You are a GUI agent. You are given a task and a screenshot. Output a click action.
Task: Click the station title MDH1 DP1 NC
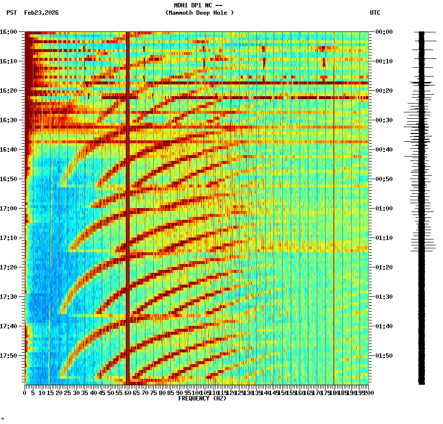(198, 5)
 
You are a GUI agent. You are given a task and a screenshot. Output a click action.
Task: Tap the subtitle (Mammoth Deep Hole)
(199, 13)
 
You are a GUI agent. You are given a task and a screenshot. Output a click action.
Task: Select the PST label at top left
(12, 13)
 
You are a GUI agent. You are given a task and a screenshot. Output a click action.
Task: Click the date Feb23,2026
(41, 13)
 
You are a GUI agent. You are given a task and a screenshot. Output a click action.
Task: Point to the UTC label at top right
(375, 13)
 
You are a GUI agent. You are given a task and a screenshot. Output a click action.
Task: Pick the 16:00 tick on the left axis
(9, 32)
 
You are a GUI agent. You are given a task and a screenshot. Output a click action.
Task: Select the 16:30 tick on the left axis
(9, 120)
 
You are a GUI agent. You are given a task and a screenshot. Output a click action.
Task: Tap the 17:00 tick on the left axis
(9, 209)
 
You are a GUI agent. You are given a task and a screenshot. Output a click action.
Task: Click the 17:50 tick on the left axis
(9, 356)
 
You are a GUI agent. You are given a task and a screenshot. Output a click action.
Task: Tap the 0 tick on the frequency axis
(25, 393)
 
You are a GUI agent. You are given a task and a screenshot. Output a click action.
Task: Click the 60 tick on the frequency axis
(128, 393)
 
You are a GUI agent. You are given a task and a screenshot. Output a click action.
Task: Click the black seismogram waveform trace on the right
(421, 206)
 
